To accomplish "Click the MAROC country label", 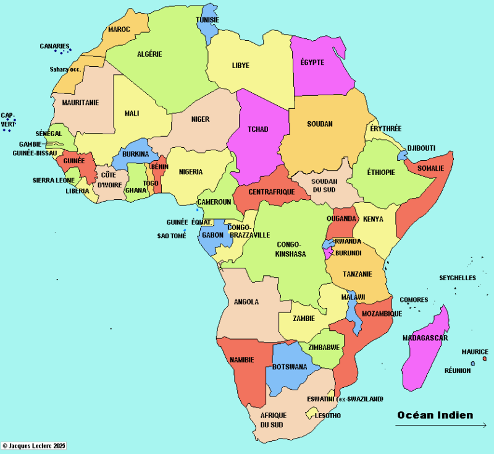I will tap(119, 29).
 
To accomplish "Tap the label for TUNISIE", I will tap(207, 19).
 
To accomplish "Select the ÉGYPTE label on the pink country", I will tap(312, 62).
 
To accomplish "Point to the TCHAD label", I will tap(257, 129).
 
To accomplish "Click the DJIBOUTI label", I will tap(421, 148).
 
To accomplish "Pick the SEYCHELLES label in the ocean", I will tap(458, 278).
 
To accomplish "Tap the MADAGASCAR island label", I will tap(425, 338).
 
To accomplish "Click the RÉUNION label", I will tap(458, 370).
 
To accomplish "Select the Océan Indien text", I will tap(435, 415).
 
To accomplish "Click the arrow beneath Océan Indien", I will tap(441, 425).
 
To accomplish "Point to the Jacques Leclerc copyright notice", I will tap(33, 445).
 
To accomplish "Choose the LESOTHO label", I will tap(327, 416).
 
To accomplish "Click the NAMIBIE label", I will tap(241, 359).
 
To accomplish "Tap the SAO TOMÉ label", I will tap(172, 236).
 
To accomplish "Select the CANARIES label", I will tap(54, 46).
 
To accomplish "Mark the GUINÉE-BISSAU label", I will tap(35, 153).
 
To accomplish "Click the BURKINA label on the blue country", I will tap(135, 153).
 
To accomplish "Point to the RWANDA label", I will tap(348, 241).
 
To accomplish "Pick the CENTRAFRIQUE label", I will tap(272, 192).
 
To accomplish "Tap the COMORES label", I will tap(414, 300).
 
